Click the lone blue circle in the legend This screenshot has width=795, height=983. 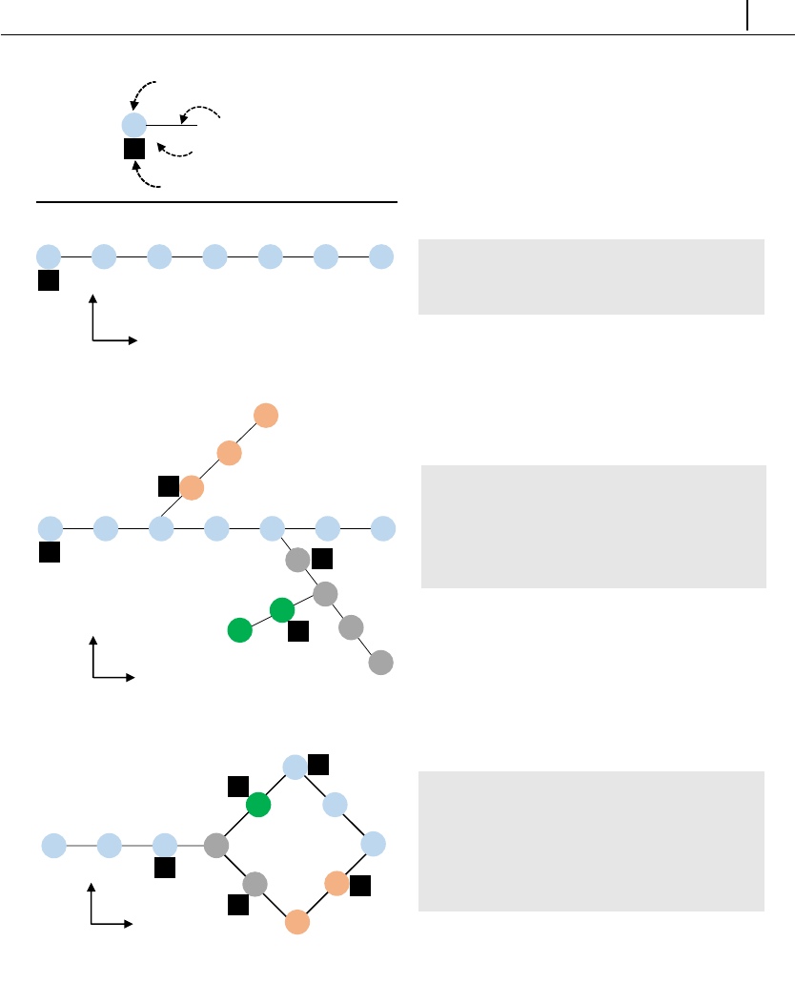point(134,125)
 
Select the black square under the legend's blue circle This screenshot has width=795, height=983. point(134,150)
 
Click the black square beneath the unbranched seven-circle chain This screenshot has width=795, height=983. point(49,280)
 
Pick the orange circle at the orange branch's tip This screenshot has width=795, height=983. point(265,416)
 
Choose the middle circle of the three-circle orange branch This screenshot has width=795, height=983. point(228,453)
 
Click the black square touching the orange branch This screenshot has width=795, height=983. point(169,486)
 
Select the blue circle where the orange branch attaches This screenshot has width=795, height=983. point(160,527)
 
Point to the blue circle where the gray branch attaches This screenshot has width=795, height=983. point(273,527)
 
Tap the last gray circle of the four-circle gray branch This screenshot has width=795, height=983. point(380,662)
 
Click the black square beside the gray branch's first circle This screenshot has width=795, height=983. point(322,559)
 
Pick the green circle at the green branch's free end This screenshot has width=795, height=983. point(240,629)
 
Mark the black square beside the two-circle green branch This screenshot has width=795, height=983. point(297,630)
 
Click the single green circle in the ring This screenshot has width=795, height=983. point(258,806)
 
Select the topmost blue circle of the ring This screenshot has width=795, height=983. point(296,767)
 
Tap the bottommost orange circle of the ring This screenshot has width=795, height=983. point(297,922)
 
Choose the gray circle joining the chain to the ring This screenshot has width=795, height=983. point(216,845)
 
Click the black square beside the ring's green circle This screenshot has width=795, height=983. point(237,787)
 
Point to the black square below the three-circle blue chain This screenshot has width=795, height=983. point(165,869)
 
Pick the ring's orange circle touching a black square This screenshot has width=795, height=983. point(336,883)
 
